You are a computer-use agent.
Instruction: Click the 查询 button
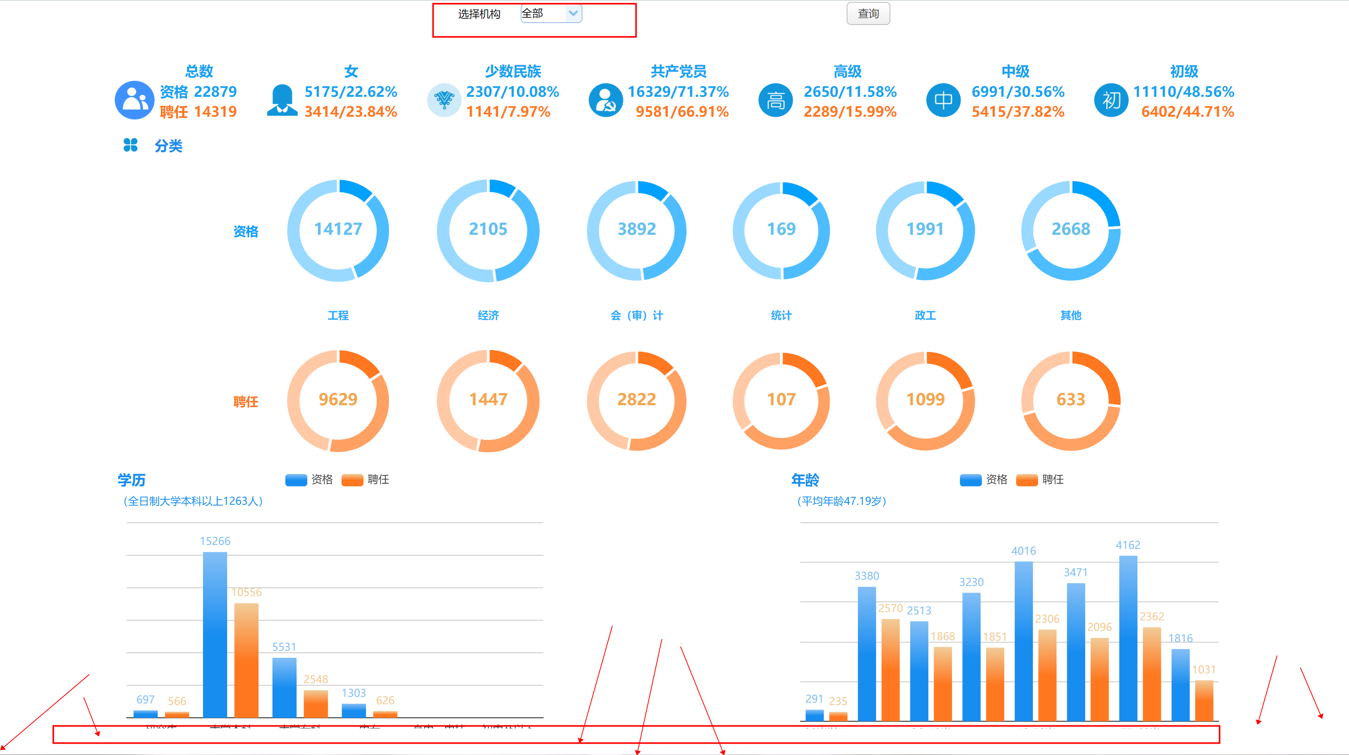point(868,14)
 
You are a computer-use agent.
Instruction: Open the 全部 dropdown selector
point(551,14)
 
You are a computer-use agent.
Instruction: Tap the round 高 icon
point(776,100)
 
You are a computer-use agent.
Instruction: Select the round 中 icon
point(943,100)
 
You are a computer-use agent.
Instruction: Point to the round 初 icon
point(1111,100)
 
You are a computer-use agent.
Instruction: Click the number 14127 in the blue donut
point(338,229)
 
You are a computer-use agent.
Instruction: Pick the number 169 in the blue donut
point(781,229)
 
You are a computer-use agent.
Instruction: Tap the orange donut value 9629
point(338,399)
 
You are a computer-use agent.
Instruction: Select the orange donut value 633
point(1070,399)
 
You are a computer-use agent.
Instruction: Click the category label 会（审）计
point(636,315)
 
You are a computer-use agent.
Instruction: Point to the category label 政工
point(925,315)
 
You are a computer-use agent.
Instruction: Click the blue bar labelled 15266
point(215,634)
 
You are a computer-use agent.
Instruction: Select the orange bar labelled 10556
point(246,660)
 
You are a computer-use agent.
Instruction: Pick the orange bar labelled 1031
point(1204,700)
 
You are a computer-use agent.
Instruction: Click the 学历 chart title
point(132,480)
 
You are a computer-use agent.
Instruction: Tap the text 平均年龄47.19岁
point(842,501)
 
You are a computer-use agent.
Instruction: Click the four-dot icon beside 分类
point(130,145)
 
